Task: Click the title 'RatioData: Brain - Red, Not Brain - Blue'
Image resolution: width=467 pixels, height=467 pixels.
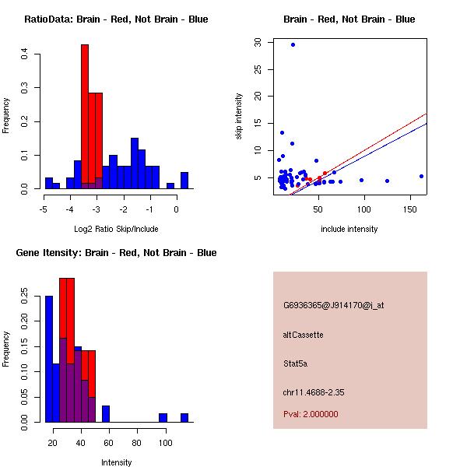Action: pyautogui.click(x=116, y=19)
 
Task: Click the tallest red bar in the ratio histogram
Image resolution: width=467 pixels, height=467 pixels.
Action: pyautogui.click(x=85, y=117)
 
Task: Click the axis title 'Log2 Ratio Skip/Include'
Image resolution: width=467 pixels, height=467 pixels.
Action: pyautogui.click(x=116, y=229)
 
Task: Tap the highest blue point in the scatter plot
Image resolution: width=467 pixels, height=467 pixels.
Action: pyautogui.click(x=293, y=44)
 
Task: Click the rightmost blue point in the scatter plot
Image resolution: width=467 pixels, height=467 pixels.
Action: pyautogui.click(x=421, y=176)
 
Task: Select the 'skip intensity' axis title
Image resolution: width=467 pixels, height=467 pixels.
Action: pyautogui.click(x=239, y=117)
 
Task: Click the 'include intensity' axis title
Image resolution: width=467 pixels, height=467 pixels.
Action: pyautogui.click(x=349, y=229)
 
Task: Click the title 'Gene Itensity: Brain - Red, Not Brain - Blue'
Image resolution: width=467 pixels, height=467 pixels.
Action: pyautogui.click(x=116, y=253)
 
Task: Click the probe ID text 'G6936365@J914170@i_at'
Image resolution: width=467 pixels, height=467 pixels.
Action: pyautogui.click(x=333, y=305)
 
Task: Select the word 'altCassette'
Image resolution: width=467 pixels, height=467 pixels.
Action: pyautogui.click(x=303, y=335)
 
